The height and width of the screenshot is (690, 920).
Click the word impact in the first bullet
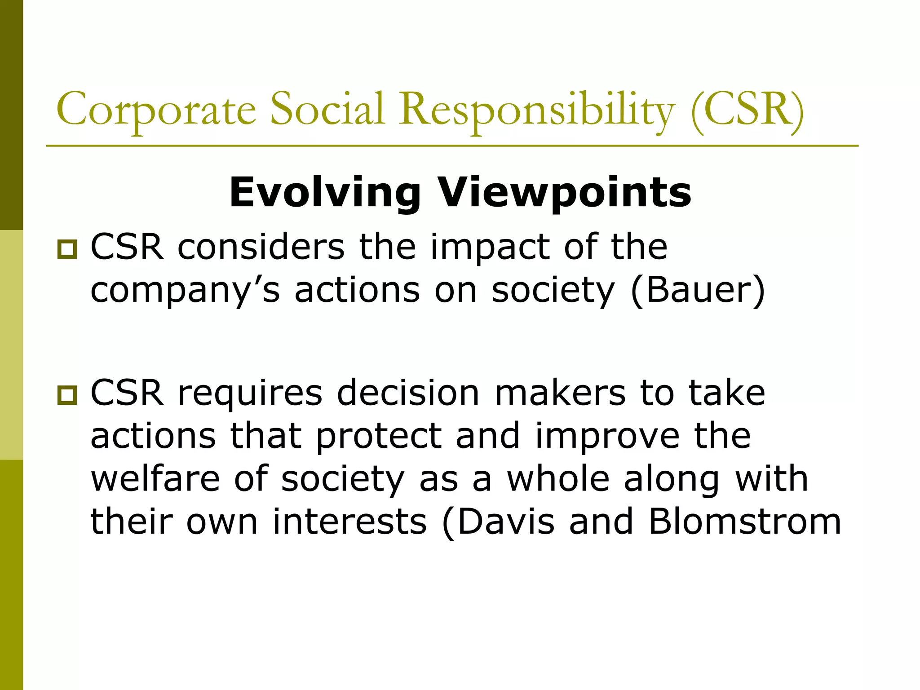[x=490, y=248]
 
